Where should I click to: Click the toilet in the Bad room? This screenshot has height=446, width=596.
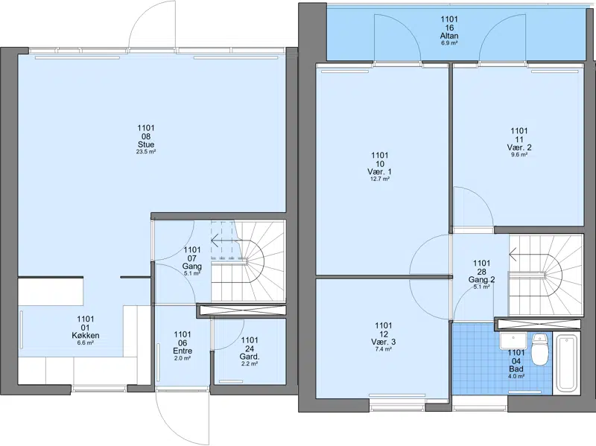[x=539, y=349]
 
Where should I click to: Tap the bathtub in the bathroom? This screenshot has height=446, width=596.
[x=567, y=362]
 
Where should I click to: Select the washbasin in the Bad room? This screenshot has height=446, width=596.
[x=513, y=340]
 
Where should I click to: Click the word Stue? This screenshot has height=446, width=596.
[x=146, y=144]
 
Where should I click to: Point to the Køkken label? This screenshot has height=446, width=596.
[x=86, y=336]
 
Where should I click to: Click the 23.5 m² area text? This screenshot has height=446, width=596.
[x=146, y=152]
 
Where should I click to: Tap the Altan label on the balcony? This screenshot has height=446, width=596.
[x=449, y=36]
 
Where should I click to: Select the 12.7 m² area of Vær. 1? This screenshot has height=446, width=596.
[x=380, y=179]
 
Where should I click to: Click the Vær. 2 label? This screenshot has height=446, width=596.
[x=519, y=147]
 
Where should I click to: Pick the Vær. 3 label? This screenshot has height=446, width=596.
[x=383, y=342]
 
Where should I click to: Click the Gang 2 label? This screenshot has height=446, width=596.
[x=481, y=280]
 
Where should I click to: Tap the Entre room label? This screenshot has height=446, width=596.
[x=183, y=351]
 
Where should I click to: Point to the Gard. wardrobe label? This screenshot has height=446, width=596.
[x=250, y=357]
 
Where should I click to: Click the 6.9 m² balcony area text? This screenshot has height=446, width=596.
[x=449, y=43]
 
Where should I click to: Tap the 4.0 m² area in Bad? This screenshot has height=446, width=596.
[x=516, y=377]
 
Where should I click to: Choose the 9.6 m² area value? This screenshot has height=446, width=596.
[x=519, y=155]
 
